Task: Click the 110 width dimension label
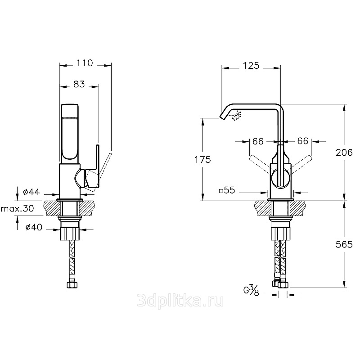[85, 63]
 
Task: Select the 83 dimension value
[79, 84]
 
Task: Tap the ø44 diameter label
[31, 192]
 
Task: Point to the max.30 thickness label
[18, 208]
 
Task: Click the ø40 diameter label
[34, 227]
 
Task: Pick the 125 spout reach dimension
[251, 66]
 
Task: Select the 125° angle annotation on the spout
[237, 116]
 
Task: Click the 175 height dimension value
[202, 160]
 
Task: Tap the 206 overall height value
[344, 153]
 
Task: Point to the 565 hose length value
[344, 244]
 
